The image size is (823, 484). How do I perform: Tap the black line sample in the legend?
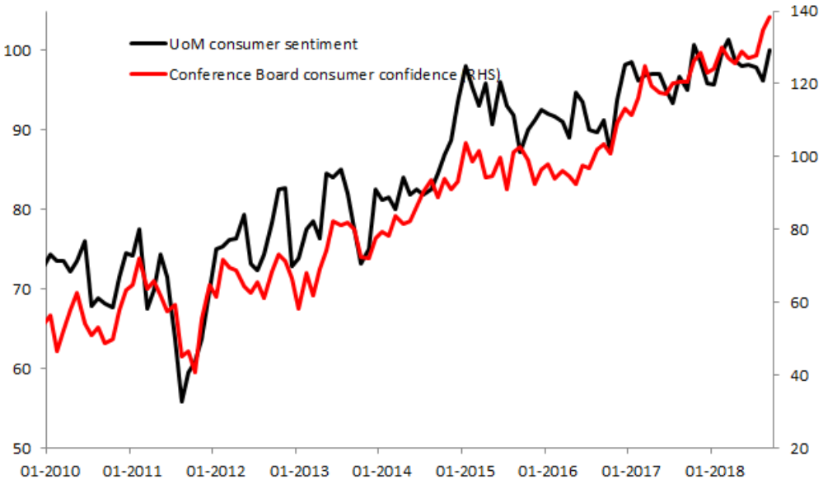pos(147,44)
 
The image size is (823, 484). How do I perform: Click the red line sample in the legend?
pos(147,74)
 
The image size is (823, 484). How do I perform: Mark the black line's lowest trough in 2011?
pos(182,402)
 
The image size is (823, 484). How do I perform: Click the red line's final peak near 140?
pos(769,16)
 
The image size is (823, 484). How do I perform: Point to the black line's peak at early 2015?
pos(465,65)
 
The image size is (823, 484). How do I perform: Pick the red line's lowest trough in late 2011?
pos(195,372)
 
